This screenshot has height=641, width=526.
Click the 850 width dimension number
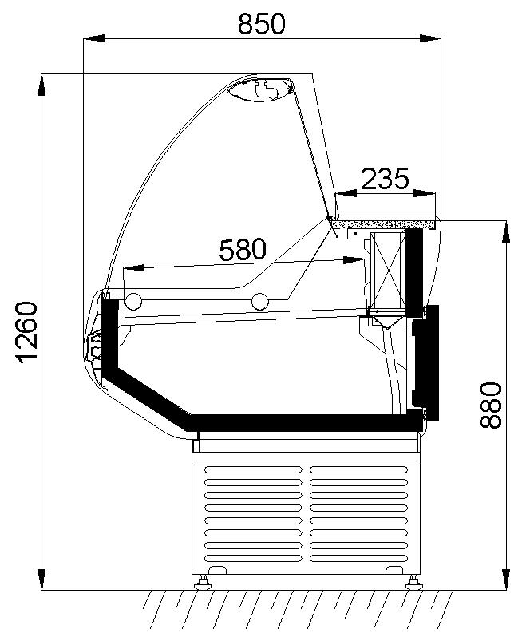click(262, 23)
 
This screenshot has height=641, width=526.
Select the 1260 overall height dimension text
click(27, 332)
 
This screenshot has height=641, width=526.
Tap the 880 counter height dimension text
click(490, 406)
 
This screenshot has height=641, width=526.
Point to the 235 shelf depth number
click(385, 179)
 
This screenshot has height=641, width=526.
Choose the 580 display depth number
click(243, 249)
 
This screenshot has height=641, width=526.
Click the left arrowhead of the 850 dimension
click(93, 39)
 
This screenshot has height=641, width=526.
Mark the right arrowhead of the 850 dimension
click(430, 39)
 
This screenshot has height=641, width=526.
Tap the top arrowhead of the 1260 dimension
click(42, 85)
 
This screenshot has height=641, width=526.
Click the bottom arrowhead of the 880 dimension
click(506, 580)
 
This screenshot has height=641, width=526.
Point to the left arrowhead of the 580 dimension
click(133, 268)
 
